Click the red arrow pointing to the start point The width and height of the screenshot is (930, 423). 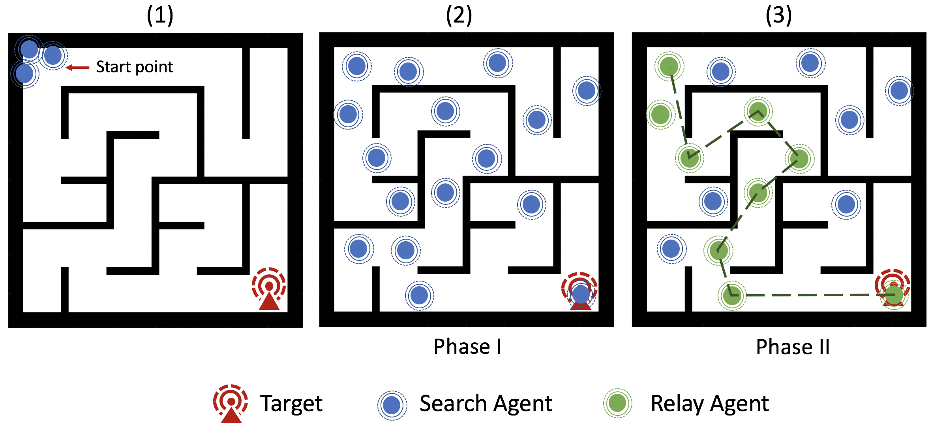click(77, 68)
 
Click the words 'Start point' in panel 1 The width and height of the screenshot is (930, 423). click(134, 67)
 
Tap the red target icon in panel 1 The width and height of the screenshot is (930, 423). click(269, 288)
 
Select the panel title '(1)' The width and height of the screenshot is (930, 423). click(160, 16)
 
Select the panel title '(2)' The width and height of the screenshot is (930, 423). click(459, 16)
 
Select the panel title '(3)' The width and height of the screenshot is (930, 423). click(778, 16)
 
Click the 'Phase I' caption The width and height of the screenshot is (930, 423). click(467, 347)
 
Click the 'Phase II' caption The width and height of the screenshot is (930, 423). click(793, 347)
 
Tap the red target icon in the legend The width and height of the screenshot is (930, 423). click(231, 403)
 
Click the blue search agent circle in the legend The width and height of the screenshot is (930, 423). click(392, 405)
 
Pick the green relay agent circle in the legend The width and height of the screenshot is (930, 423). click(617, 403)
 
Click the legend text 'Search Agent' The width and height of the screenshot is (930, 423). click(486, 404)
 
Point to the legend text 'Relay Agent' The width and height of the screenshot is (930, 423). click(709, 404)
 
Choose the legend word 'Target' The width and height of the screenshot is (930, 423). click(291, 404)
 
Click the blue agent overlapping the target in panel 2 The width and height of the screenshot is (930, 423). click(581, 294)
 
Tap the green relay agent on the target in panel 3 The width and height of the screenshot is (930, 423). click(894, 295)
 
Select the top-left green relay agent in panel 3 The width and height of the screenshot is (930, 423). click(669, 66)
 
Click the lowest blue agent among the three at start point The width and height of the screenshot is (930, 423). click(25, 74)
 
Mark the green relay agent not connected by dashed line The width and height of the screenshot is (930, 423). click(660, 115)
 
